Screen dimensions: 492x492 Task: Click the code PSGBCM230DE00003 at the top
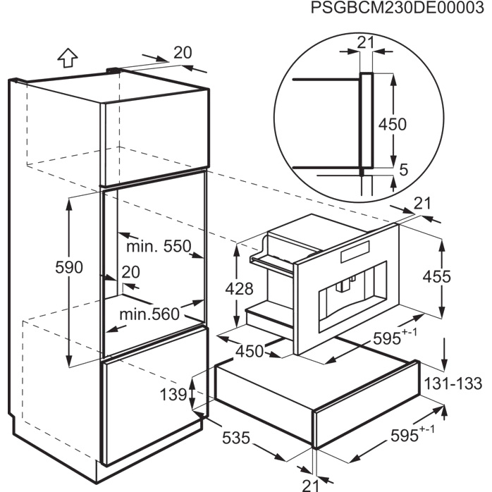click(397, 8)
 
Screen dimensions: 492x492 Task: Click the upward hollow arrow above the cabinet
click(68, 57)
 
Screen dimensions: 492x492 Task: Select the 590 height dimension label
click(69, 267)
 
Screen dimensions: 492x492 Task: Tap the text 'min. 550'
click(159, 246)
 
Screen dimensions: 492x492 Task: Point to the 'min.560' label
click(149, 314)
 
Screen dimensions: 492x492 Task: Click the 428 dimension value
click(239, 289)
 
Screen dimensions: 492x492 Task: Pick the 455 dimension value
click(436, 277)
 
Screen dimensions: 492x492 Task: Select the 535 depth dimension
click(236, 438)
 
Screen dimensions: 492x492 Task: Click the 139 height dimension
click(173, 394)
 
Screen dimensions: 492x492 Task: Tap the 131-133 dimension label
click(453, 383)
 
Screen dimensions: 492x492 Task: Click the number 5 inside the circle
click(404, 170)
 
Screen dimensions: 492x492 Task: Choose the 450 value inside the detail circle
click(392, 124)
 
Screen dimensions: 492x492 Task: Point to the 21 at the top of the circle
click(366, 42)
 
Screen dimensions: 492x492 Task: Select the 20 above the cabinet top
click(183, 53)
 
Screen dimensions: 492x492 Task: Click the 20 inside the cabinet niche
click(130, 272)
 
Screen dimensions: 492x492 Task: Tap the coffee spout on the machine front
click(344, 284)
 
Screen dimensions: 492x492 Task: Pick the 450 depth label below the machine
click(250, 352)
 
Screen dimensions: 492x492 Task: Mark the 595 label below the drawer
click(412, 434)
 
